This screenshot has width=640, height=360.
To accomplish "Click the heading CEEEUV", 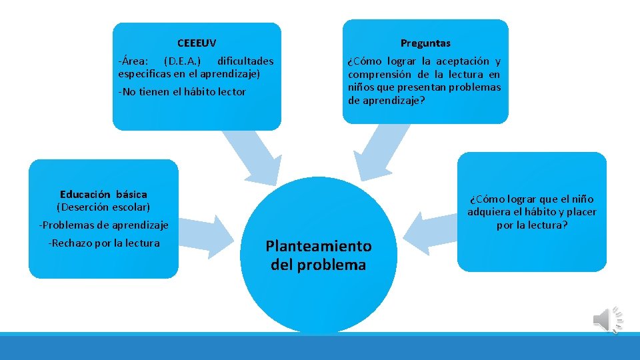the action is point(197,43).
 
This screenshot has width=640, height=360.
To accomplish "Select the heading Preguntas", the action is point(425,43).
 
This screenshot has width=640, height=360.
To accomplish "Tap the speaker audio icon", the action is point(607,320).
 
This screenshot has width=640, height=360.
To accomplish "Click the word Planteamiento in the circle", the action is point(319,246).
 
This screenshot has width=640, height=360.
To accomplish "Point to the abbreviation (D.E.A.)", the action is point(182,61).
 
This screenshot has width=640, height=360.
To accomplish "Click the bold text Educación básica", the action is point(103,195).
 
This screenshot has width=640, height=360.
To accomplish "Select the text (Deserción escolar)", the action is point(103,207).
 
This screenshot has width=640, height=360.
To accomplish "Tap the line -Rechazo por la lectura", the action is point(103,243).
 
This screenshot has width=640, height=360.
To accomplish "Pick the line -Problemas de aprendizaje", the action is point(103,225).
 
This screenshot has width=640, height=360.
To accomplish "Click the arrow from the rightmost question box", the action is point(431,232).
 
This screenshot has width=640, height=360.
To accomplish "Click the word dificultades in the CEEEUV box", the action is point(245,61).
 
